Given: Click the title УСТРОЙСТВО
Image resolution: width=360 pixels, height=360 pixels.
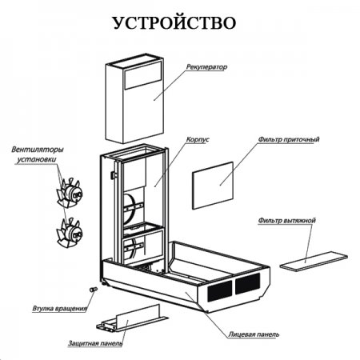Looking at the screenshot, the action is point(174,23).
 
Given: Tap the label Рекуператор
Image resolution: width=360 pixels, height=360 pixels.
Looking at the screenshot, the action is point(206,66).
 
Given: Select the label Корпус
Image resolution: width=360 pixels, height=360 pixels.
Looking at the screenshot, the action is point(198,139).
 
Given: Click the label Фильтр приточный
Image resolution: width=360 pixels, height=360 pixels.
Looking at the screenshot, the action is point(289,139).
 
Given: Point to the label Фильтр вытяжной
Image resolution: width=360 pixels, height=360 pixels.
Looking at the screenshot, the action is point(287,221).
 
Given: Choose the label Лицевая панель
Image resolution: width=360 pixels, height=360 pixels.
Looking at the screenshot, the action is point(254,334).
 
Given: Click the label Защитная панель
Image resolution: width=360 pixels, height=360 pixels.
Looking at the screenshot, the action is point(95,343).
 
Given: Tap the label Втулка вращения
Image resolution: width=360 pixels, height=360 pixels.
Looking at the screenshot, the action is point(60,309).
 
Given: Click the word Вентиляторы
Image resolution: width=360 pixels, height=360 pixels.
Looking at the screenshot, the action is point(38,150).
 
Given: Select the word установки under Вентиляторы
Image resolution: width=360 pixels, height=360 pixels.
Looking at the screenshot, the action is point(37,159).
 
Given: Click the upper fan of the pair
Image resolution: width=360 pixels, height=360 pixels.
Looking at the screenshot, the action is point(69,193).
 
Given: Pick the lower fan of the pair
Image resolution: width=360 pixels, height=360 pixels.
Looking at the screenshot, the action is point(70,233).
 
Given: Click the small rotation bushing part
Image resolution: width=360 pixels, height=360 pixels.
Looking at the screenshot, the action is point(93,290).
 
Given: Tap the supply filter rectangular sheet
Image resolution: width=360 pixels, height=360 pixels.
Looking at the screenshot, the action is point(213,186).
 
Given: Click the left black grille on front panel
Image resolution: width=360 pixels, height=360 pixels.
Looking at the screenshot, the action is point(219,291).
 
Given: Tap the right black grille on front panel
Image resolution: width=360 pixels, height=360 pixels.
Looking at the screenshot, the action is point(247,283).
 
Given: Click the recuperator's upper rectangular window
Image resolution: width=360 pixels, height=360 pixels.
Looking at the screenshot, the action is point(143,74).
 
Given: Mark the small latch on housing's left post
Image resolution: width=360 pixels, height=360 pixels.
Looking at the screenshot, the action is point(114,175).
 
